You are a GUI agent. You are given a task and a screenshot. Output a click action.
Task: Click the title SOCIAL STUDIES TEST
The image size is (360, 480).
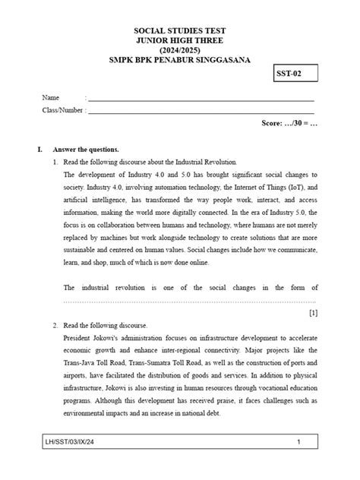180,30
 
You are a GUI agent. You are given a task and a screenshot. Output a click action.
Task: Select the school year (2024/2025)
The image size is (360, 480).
180,50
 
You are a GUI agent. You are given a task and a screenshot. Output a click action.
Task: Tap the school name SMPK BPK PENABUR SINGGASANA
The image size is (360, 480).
180,60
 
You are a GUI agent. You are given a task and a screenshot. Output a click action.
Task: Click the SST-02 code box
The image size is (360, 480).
295,74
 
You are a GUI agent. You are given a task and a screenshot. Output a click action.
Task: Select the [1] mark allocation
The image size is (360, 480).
313,312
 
